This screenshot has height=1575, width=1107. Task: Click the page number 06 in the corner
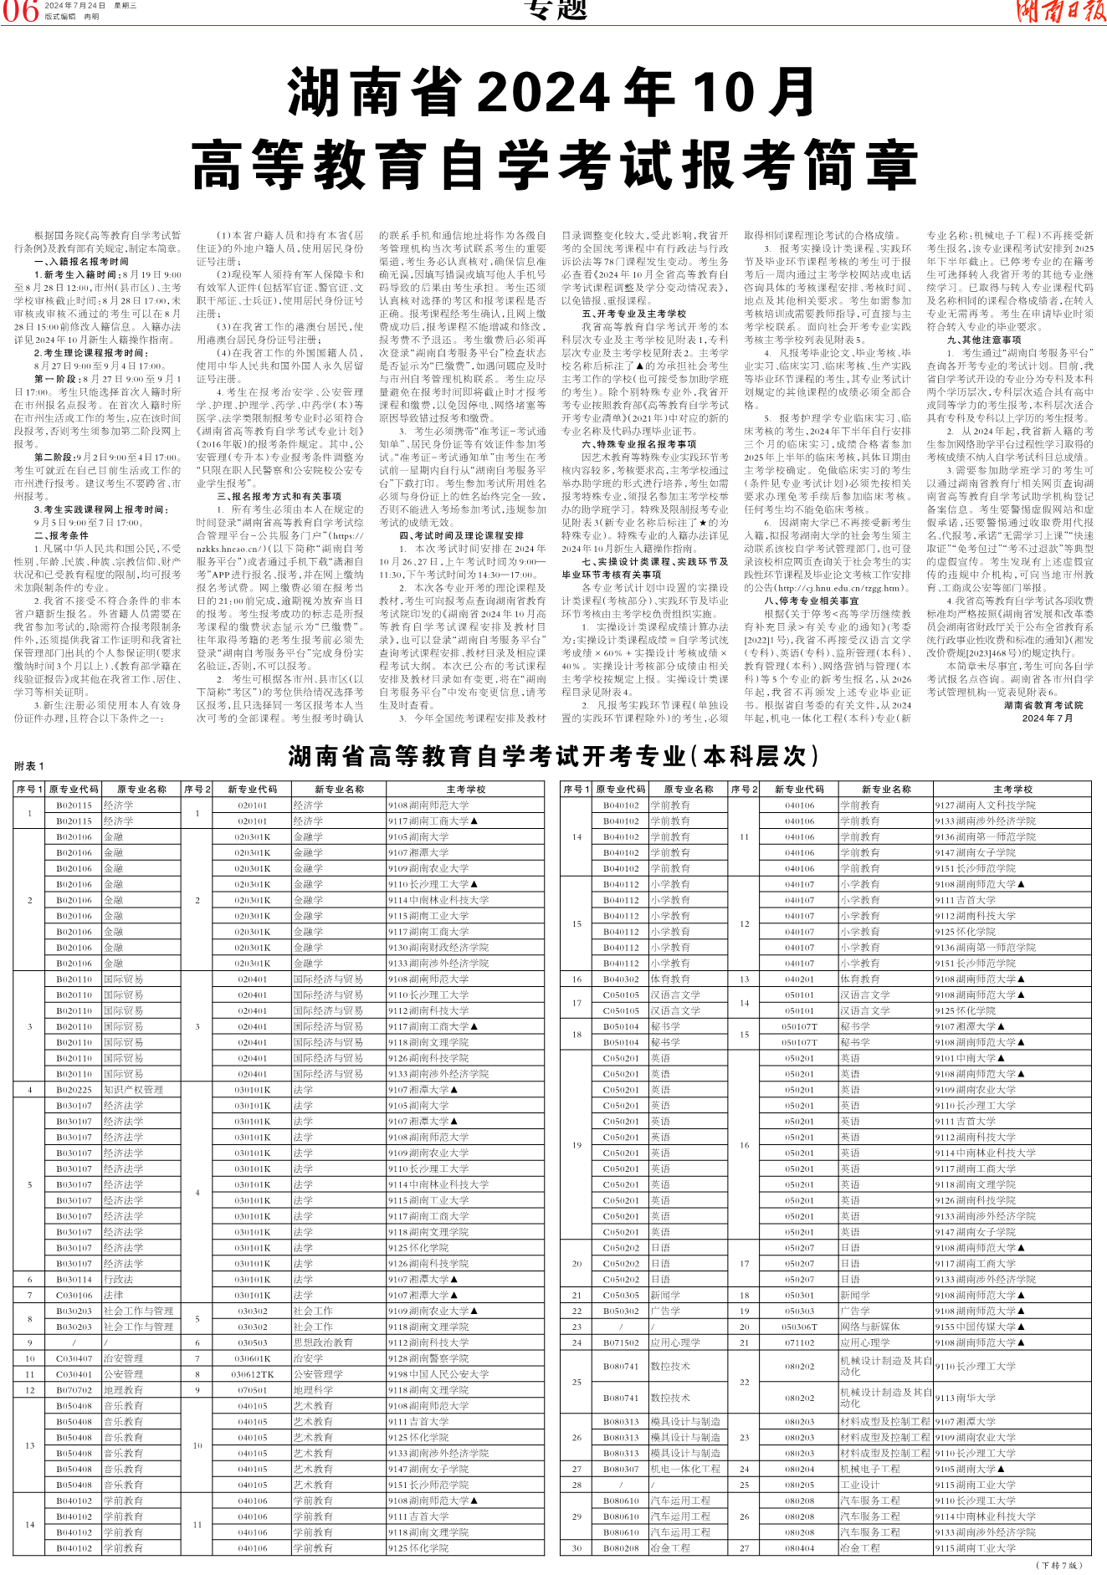point(20,10)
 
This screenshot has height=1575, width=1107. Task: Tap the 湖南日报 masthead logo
point(1058,11)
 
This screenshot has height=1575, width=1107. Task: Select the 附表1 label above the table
point(29,766)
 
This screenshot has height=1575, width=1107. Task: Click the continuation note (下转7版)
point(1059,1565)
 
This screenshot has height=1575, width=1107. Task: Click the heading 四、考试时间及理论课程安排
point(461,535)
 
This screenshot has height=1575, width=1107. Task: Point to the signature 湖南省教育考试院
point(1043,705)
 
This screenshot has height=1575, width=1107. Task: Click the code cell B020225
point(74,1090)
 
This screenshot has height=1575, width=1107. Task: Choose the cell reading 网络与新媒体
point(869,1327)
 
